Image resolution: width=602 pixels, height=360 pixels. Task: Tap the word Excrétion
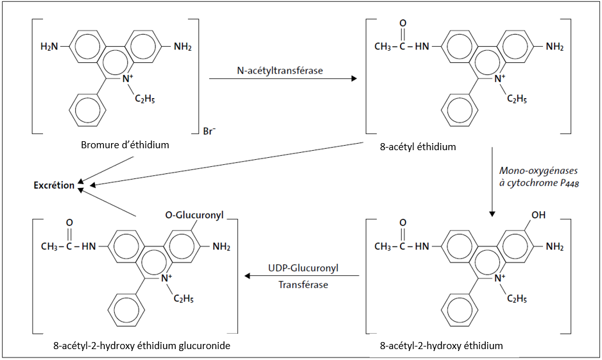tap(54, 186)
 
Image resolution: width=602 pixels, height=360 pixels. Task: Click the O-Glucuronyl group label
tap(194, 216)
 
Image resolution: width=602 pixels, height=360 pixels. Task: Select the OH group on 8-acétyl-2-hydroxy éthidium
tap(538, 216)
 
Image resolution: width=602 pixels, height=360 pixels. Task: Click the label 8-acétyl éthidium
tap(418, 147)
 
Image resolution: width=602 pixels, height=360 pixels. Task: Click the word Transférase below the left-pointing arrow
tap(303, 284)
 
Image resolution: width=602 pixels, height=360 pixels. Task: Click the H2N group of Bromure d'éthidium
tap(49, 47)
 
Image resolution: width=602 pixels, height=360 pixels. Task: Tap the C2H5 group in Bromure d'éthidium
tap(144, 98)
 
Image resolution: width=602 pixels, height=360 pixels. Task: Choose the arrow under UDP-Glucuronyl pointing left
tap(302, 276)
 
